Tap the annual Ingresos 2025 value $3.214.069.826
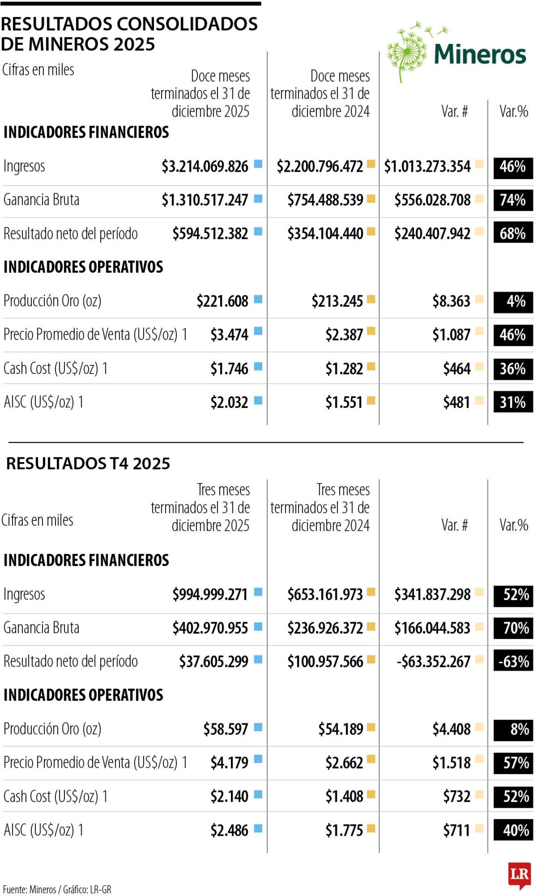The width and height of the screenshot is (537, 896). click(x=205, y=166)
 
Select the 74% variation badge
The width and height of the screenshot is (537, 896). click(x=513, y=200)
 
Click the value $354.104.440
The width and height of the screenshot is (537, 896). click(x=325, y=233)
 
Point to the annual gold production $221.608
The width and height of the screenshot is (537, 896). click(x=222, y=301)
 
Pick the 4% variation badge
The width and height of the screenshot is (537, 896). click(x=513, y=301)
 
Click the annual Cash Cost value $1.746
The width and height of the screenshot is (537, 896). click(x=229, y=369)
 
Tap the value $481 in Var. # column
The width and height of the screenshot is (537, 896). click(x=456, y=402)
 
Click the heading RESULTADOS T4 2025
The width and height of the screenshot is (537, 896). click(x=88, y=463)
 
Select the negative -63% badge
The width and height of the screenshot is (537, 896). click(x=513, y=662)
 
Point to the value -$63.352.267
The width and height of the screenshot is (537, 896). click(x=433, y=662)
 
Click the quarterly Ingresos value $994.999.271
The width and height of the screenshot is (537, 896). click(x=210, y=595)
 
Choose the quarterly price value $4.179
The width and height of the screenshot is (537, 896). click(x=229, y=763)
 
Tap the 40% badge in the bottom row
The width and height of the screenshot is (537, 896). click(x=513, y=830)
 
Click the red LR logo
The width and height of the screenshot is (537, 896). click(x=519, y=875)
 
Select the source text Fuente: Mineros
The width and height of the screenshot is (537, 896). click(x=29, y=889)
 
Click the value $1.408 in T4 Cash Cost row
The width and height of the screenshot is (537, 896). click(x=344, y=796)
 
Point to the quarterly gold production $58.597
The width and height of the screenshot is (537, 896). click(x=225, y=729)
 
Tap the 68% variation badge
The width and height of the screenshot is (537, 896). click(x=513, y=233)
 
